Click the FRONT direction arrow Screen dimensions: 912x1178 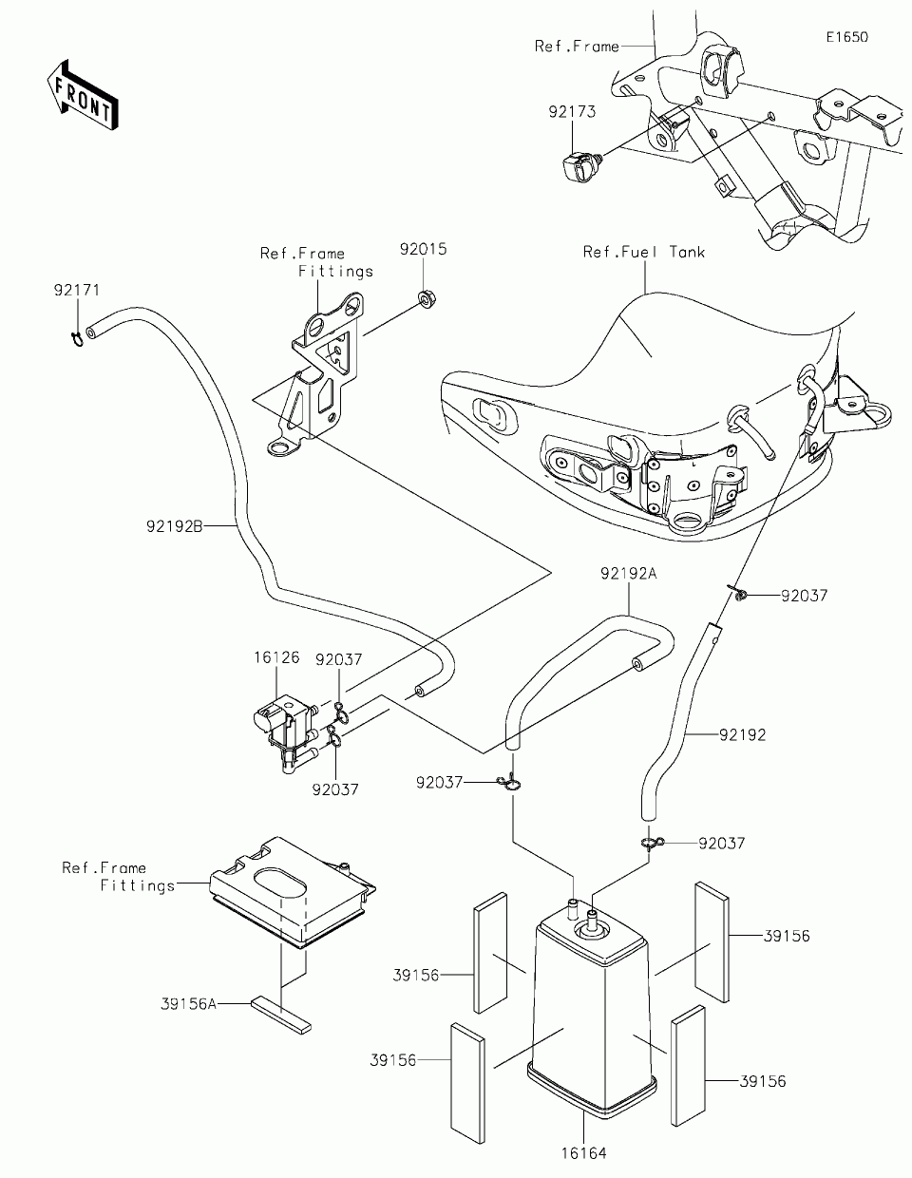tap(83, 95)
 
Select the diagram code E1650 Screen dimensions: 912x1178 tap(847, 37)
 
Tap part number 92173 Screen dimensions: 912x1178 tap(572, 112)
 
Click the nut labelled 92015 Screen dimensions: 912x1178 tap(427, 299)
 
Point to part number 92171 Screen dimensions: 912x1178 tap(77, 291)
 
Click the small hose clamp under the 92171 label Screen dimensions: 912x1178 tap(78, 339)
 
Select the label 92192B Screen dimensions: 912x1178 tap(175, 526)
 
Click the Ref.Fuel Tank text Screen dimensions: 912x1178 tap(644, 252)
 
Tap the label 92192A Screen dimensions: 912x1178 tap(628, 574)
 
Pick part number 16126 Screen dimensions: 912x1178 tap(276, 657)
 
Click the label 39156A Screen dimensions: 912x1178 tap(189, 1004)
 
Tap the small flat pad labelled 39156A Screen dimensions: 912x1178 tap(281, 1015)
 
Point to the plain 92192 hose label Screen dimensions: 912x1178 tap(742, 735)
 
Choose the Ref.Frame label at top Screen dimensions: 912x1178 tap(577, 47)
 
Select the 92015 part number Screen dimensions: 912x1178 tap(423, 249)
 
